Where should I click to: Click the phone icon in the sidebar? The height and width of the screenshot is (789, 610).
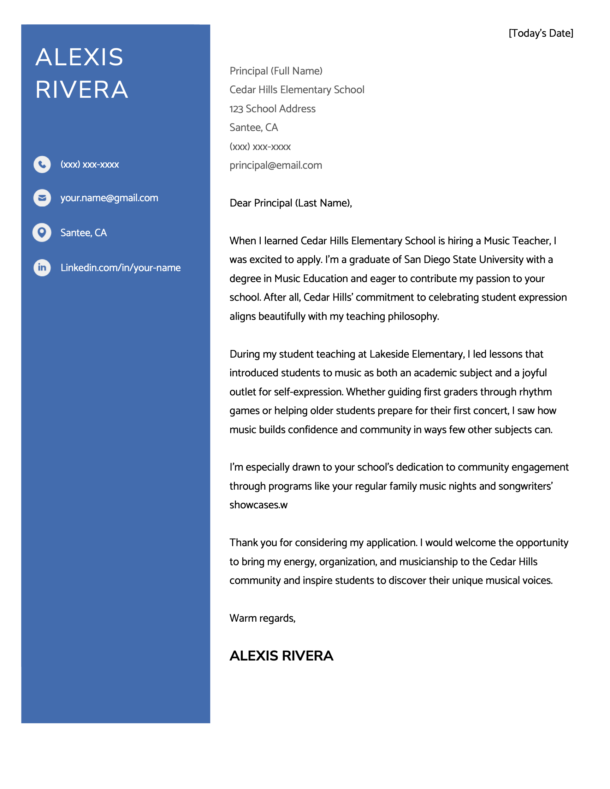click(42, 165)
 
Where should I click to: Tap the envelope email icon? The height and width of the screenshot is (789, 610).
click(42, 198)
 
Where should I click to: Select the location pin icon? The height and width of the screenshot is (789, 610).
click(42, 232)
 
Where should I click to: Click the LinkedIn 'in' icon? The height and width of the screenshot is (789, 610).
click(42, 267)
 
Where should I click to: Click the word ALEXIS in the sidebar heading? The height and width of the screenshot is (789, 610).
click(79, 57)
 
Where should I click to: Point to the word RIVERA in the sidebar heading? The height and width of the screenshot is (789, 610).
click(82, 90)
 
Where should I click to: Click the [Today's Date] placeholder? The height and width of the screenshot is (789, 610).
click(541, 33)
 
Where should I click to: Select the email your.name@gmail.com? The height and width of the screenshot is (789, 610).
click(109, 198)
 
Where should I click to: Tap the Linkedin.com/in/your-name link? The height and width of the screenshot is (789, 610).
click(120, 268)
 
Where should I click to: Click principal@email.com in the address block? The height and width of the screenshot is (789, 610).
click(276, 166)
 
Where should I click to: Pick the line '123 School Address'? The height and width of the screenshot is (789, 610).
click(272, 109)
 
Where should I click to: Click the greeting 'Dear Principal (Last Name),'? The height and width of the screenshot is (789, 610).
click(291, 203)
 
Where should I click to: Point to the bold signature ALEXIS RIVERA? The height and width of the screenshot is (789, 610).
click(281, 656)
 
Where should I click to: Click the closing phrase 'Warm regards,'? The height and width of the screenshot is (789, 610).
click(262, 618)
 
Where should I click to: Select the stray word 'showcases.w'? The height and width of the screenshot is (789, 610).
click(259, 505)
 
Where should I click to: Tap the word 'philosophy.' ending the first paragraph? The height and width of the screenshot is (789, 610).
click(413, 316)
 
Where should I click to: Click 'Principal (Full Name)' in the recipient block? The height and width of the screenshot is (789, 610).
click(276, 71)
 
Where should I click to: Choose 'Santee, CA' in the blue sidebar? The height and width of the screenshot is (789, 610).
click(83, 233)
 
